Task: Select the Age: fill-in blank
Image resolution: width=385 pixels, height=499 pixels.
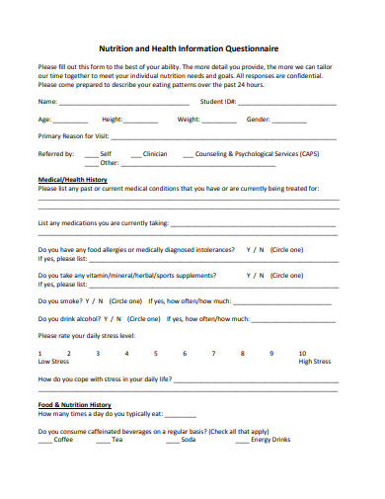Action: (x=69, y=121)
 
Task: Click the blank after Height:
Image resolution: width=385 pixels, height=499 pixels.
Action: (x=142, y=121)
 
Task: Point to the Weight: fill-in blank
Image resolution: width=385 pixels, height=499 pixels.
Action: (x=220, y=121)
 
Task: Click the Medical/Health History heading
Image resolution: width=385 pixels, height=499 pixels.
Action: (x=72, y=179)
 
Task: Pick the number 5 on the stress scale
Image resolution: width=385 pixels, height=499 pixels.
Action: (x=156, y=353)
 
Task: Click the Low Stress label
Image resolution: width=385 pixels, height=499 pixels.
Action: (x=53, y=362)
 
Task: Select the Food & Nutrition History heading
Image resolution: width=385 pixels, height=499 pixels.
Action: (x=75, y=404)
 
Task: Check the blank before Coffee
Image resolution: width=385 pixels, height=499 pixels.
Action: (x=45, y=440)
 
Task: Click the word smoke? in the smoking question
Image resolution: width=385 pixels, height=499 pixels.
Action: (x=71, y=300)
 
